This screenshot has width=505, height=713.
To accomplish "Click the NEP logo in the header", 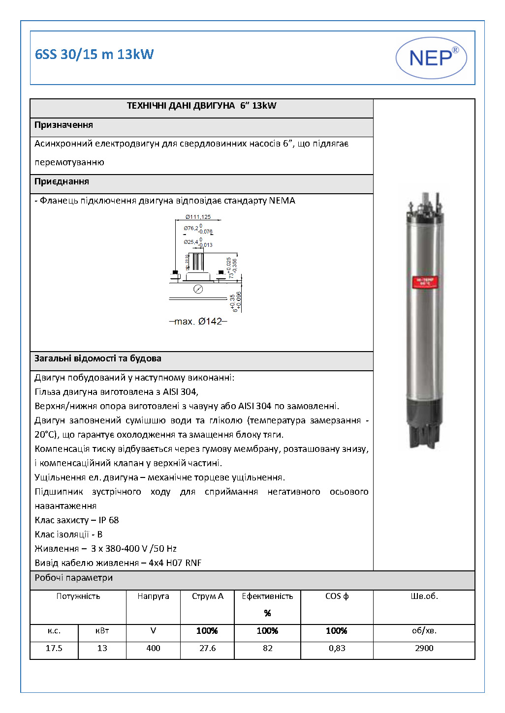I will [431, 58].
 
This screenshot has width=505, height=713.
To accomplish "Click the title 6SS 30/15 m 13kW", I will [95, 54].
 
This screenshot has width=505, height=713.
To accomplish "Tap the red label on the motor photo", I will [425, 282].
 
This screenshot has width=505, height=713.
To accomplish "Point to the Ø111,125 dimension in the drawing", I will [198, 217].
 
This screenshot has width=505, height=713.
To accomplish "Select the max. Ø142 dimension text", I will [198, 322].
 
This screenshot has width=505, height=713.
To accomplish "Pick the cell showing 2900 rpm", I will [424, 648].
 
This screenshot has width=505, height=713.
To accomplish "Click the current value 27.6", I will [207, 648].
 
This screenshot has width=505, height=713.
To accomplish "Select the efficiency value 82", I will [267, 648].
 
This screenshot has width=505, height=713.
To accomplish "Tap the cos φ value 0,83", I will [337, 648].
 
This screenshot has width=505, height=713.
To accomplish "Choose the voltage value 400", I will [153, 648].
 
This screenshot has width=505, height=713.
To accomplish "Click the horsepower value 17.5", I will [54, 648].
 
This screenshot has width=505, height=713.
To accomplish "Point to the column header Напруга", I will [153, 596].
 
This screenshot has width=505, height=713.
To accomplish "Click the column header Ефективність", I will [267, 596].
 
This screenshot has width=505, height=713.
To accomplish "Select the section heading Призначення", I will [64, 125].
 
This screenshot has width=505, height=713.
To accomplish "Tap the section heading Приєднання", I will [62, 181].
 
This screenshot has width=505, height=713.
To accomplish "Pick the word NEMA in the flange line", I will [282, 201].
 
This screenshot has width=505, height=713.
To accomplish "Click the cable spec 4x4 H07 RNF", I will [175, 563].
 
